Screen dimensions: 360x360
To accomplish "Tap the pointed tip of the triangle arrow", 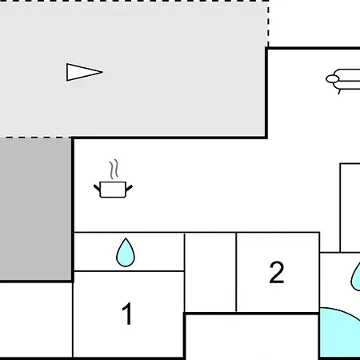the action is (x=102, y=72).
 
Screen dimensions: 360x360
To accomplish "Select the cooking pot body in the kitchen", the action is (x=113, y=190).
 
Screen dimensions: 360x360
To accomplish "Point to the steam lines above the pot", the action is (x=114, y=170).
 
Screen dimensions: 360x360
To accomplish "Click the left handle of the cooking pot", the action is (x=97, y=187).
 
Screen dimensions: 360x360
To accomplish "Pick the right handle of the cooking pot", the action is (x=129, y=188).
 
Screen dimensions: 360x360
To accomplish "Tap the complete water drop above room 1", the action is (x=126, y=252).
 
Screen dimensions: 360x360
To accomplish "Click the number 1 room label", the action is (x=127, y=314).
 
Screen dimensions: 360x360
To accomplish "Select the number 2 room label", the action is (x=277, y=272).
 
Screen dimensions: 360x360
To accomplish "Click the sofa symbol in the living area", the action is (x=343, y=80).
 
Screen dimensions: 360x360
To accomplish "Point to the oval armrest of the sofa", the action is (x=333, y=79).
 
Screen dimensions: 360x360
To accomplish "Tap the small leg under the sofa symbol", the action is (x=339, y=92).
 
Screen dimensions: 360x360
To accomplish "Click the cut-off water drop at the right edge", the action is (x=356, y=278).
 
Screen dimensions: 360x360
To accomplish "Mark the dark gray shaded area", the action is (x=36, y=209).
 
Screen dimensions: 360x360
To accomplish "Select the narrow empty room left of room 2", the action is (x=210, y=273).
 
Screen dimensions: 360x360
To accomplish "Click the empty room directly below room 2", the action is (x=252, y=337).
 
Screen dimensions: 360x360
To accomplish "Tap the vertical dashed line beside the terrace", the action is (x=268, y=24).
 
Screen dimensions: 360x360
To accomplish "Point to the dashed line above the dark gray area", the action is (x=36, y=138).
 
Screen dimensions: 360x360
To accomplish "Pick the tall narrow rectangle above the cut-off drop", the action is (x=350, y=208).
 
